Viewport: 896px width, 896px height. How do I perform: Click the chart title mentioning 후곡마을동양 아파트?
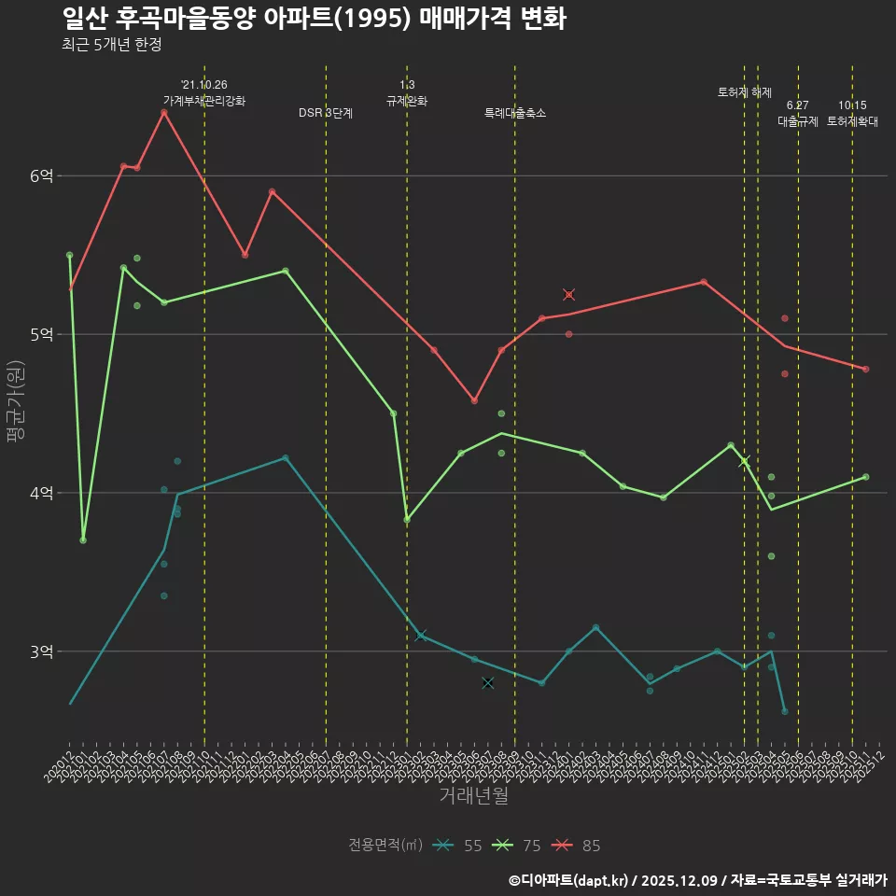(x=314, y=19)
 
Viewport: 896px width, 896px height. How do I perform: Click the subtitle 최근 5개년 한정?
(x=111, y=45)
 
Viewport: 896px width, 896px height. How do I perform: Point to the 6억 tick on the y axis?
(x=42, y=175)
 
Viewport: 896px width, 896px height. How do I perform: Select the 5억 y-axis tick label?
(x=42, y=334)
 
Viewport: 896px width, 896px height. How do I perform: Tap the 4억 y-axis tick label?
(x=42, y=493)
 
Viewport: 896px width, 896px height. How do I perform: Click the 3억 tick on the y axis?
(x=42, y=651)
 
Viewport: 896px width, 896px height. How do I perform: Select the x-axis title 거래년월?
(x=473, y=796)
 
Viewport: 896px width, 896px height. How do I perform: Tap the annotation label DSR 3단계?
(x=326, y=113)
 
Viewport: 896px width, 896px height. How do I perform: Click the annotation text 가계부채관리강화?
(x=204, y=101)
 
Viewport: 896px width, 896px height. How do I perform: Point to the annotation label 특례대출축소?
(x=515, y=113)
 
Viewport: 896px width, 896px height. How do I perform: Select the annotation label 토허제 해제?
(x=745, y=92)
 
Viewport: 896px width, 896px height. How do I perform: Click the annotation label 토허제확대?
(x=852, y=121)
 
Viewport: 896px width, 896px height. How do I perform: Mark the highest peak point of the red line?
(x=163, y=113)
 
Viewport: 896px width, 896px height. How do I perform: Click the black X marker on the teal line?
(x=487, y=683)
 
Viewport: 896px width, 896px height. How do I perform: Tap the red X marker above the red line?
(x=568, y=295)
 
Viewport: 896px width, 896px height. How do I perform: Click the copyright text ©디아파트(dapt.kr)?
(x=569, y=879)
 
